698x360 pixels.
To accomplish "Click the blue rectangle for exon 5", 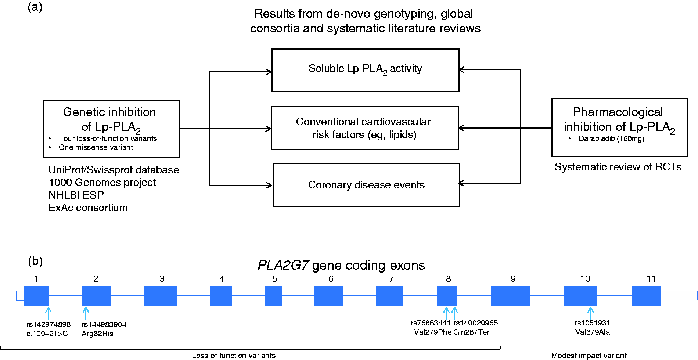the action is [273, 296].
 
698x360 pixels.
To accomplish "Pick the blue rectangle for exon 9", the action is [511, 296].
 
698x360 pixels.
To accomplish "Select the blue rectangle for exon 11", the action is [647, 296].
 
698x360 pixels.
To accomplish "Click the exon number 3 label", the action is [162, 279].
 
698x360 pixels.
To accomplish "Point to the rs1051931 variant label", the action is [592, 323].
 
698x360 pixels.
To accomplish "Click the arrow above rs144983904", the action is [86, 313].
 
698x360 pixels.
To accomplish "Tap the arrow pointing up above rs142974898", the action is [48, 313].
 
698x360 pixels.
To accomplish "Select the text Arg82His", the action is [97, 334].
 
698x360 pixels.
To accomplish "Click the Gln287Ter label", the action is [471, 332].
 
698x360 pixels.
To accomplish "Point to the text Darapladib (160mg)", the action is [611, 138].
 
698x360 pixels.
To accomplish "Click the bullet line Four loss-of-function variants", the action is [108, 138].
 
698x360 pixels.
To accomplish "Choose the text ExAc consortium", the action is [88, 208].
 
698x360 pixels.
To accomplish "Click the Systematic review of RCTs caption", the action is [618, 167].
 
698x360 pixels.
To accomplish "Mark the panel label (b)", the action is [35, 261].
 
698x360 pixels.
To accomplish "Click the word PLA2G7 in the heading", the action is [283, 265].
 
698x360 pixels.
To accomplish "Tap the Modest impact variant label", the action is [589, 356].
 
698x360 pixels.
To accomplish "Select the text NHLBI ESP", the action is [76, 195].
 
